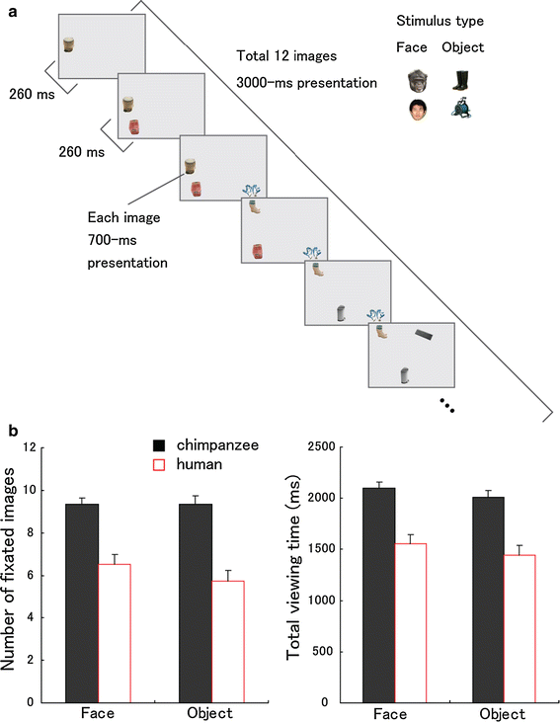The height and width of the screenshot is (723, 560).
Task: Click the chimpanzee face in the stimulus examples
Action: click(x=418, y=81)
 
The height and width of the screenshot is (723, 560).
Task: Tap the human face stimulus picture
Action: click(x=418, y=111)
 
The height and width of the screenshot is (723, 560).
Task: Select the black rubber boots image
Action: click(x=462, y=80)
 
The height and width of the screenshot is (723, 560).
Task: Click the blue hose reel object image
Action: click(x=462, y=110)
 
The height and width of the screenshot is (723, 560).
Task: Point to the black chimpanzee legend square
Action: click(x=159, y=445)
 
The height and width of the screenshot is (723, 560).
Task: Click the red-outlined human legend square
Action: click(x=159, y=464)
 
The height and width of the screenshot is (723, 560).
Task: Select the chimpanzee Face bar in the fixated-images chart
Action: click(x=82, y=603)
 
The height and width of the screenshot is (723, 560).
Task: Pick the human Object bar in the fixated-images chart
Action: click(x=228, y=642)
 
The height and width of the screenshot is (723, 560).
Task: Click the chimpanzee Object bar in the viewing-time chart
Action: click(x=488, y=600)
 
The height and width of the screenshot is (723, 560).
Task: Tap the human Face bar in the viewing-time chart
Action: click(x=411, y=623)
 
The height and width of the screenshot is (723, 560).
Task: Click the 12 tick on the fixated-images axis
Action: click(x=30, y=447)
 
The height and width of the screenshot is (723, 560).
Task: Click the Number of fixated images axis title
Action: click(x=8, y=570)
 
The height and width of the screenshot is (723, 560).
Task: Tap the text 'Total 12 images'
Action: click(x=286, y=55)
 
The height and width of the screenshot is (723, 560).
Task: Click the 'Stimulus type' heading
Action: click(x=440, y=21)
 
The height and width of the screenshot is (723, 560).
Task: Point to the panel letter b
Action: click(x=14, y=431)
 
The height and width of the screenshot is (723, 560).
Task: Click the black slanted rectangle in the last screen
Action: click(x=424, y=335)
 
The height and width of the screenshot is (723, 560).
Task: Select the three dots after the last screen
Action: click(x=447, y=405)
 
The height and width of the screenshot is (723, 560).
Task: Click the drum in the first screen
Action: click(x=69, y=44)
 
